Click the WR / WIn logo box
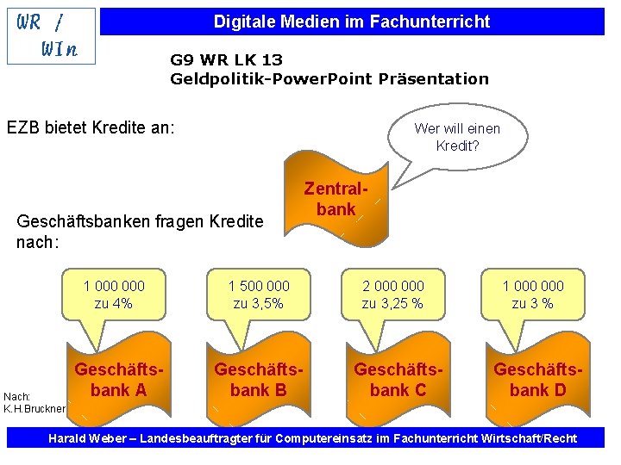click(x=49, y=35)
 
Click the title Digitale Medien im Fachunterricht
click(x=351, y=22)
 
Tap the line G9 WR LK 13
click(x=226, y=60)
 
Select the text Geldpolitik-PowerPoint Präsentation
click(x=329, y=79)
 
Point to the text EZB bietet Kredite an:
click(x=91, y=127)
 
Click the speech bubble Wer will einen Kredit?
click(x=456, y=137)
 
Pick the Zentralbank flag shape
click(x=336, y=200)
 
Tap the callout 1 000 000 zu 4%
click(x=114, y=294)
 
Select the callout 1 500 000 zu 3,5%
click(x=258, y=294)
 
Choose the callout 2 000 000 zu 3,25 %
click(x=392, y=294)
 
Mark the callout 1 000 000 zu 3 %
click(x=533, y=294)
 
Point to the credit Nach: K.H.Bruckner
click(x=32, y=402)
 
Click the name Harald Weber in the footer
click(x=83, y=439)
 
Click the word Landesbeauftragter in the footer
click(x=190, y=439)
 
